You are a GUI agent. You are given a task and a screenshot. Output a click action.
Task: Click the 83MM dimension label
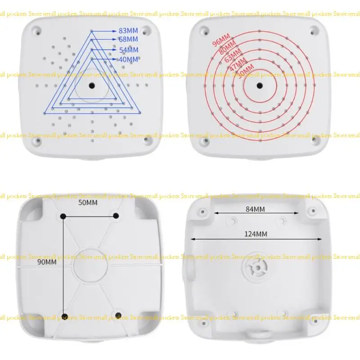click(x=128, y=31)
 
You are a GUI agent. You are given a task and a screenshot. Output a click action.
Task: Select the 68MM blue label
click(x=128, y=40)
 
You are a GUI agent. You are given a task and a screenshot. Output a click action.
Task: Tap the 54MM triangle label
click(x=128, y=50)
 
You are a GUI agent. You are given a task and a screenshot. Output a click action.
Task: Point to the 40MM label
click(x=128, y=59)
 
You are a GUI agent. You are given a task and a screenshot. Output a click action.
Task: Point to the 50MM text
click(x=88, y=203)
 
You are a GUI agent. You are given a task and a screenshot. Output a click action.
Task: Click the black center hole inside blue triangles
click(x=91, y=85)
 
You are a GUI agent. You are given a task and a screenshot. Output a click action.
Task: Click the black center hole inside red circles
click(x=260, y=85)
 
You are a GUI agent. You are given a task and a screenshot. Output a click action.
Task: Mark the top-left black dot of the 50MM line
click(x=63, y=216)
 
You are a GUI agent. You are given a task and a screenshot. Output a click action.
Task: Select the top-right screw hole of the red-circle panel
click(x=313, y=31)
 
